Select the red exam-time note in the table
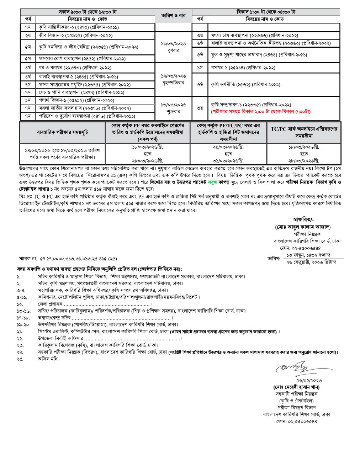pos(260,112)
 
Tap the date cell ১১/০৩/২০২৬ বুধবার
pos(173,47)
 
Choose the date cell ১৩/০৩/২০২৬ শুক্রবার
pos(173,108)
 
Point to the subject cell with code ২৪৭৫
pos(79,27)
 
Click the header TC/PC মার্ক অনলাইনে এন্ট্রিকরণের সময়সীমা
pos(304,132)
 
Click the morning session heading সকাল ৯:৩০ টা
pos(88,12)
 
